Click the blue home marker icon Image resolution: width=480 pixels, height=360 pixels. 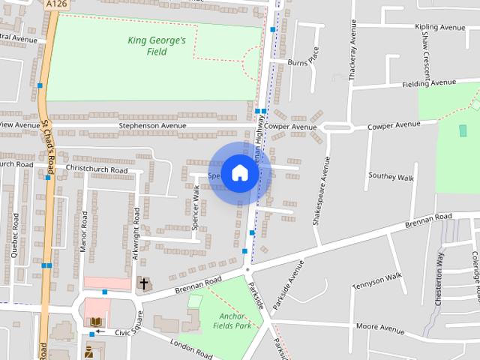pos(239,172)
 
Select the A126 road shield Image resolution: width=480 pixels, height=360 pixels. pos(55,4)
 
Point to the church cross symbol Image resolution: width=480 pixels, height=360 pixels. pos(144,284)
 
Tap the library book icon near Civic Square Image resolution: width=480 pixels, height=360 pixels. pos(95,322)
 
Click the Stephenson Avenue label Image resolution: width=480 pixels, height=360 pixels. pos(153,126)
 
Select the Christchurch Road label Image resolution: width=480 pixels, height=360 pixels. pos(97,170)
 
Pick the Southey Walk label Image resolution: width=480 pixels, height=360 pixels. pos(391,178)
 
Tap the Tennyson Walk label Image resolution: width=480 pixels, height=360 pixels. pos(378,276)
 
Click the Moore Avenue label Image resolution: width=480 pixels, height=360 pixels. pos(380,327)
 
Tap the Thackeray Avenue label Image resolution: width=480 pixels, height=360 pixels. pos(351,55)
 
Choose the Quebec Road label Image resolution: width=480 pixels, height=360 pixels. pos(15,235)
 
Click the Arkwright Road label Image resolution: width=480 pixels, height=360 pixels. pos(136,233)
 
